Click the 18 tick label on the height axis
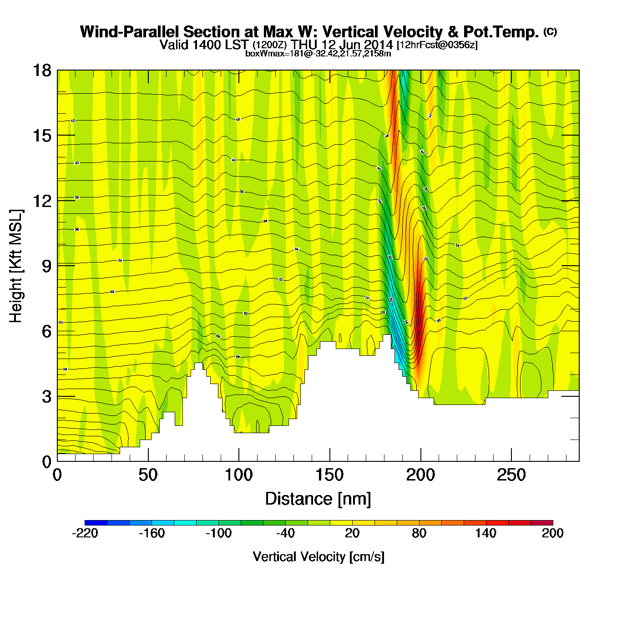[x=42, y=71]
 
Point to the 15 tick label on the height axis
[x=42, y=136]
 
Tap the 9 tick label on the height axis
[x=46, y=266]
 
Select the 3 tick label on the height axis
[x=46, y=397]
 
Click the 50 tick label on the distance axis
[x=148, y=475]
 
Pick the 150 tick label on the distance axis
[x=329, y=475]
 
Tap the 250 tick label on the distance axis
[x=511, y=475]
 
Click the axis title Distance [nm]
[x=318, y=499]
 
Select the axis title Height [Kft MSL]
[x=16, y=266]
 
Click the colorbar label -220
[x=85, y=533]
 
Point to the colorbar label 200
[x=552, y=533]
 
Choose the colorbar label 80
[x=419, y=533]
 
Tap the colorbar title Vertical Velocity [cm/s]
[x=318, y=556]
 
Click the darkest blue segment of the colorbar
[x=96, y=523]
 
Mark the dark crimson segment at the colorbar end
[x=541, y=523]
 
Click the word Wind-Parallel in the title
[x=130, y=32]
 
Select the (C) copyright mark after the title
[x=550, y=31]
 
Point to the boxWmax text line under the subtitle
[x=318, y=53]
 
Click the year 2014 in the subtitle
[x=379, y=45]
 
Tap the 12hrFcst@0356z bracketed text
[x=437, y=45]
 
